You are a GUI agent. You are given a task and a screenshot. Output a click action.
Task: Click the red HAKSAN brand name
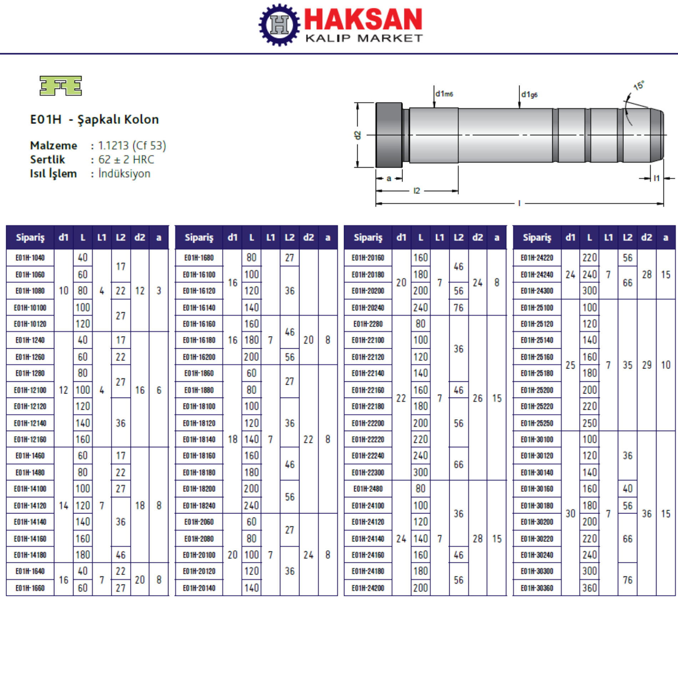(363, 19)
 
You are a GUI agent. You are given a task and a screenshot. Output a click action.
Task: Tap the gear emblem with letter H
(279, 25)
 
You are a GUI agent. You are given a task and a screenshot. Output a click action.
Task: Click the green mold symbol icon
(61, 86)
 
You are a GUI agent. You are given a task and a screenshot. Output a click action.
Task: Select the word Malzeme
(54, 146)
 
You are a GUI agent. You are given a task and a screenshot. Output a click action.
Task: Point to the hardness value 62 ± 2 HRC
(126, 160)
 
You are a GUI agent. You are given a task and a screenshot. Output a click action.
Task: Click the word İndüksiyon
(124, 173)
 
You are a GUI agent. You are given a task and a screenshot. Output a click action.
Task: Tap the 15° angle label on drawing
(639, 86)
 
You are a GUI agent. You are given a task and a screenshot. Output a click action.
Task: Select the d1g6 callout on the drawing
(530, 95)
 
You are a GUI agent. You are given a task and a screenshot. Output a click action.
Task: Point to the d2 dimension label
(358, 135)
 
